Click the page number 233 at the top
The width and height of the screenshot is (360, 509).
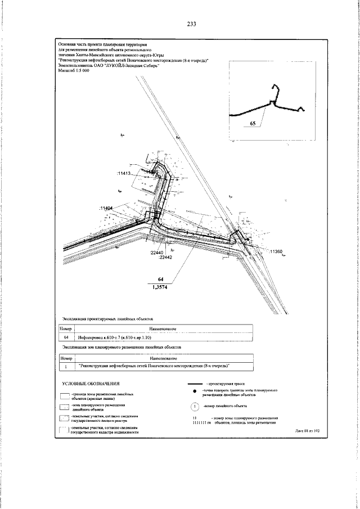click(191, 24)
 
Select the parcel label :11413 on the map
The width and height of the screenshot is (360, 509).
click(124, 174)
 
